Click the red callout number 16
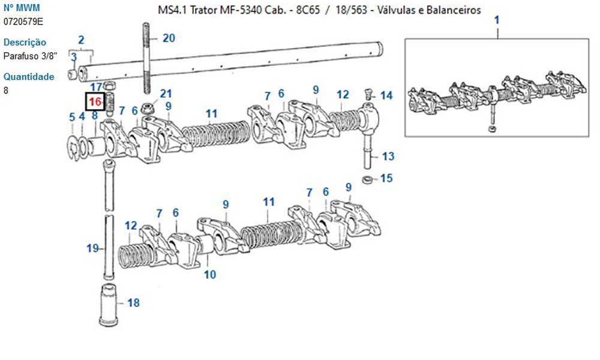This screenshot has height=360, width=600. click(x=95, y=102)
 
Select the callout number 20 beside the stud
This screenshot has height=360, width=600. click(x=169, y=38)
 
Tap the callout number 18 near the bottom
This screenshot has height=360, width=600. click(x=133, y=302)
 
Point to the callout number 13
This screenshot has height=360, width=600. click(x=388, y=156)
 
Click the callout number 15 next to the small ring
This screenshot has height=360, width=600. click(x=386, y=178)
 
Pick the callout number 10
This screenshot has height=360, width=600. click(x=209, y=274)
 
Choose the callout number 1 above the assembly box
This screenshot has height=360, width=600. click(x=497, y=20)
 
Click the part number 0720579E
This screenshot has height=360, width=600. click(x=23, y=22)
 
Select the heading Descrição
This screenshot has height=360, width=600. click(x=25, y=42)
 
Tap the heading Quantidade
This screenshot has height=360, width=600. click(x=29, y=77)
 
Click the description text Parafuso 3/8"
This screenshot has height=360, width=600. click(x=30, y=56)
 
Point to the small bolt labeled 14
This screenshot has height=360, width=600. click(x=369, y=93)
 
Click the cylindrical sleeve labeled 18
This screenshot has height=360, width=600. click(x=108, y=305)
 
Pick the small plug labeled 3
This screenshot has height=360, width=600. click(x=73, y=74)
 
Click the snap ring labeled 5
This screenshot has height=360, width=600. click(x=74, y=148)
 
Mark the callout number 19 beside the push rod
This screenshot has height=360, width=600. click(x=92, y=248)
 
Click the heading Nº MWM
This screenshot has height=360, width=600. click(x=22, y=8)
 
